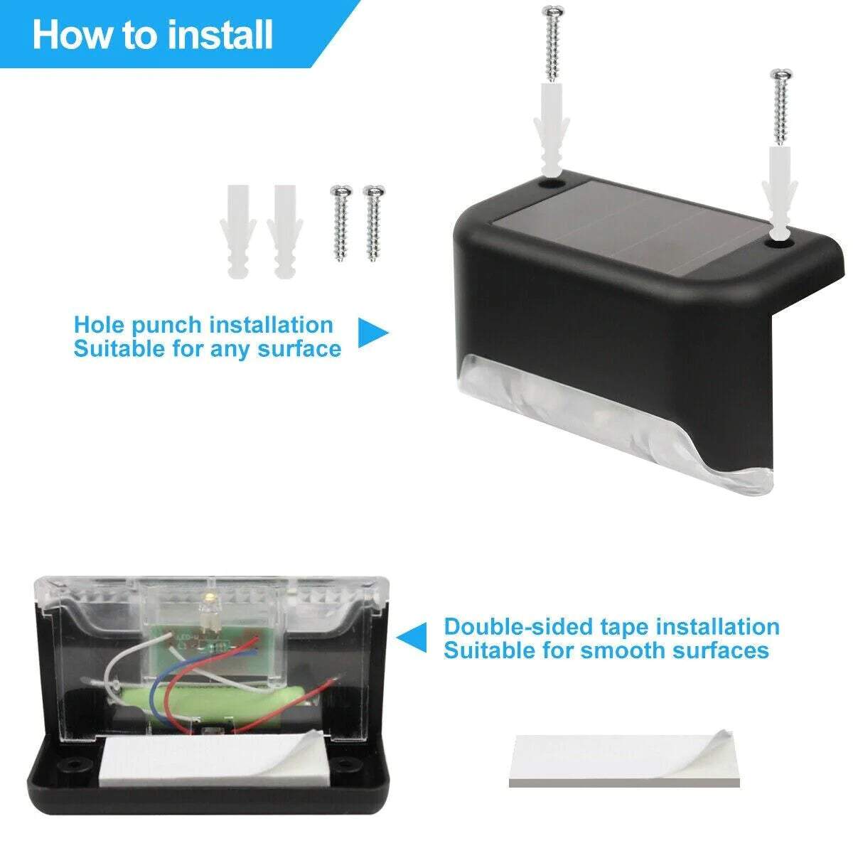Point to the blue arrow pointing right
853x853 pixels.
coord(371,333)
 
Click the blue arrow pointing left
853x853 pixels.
coord(412,637)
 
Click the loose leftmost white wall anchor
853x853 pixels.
coord(238,231)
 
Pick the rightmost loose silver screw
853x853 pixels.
coord(373,222)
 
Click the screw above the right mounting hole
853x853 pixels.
coord(780,107)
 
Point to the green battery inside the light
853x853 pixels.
coord(220,704)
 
